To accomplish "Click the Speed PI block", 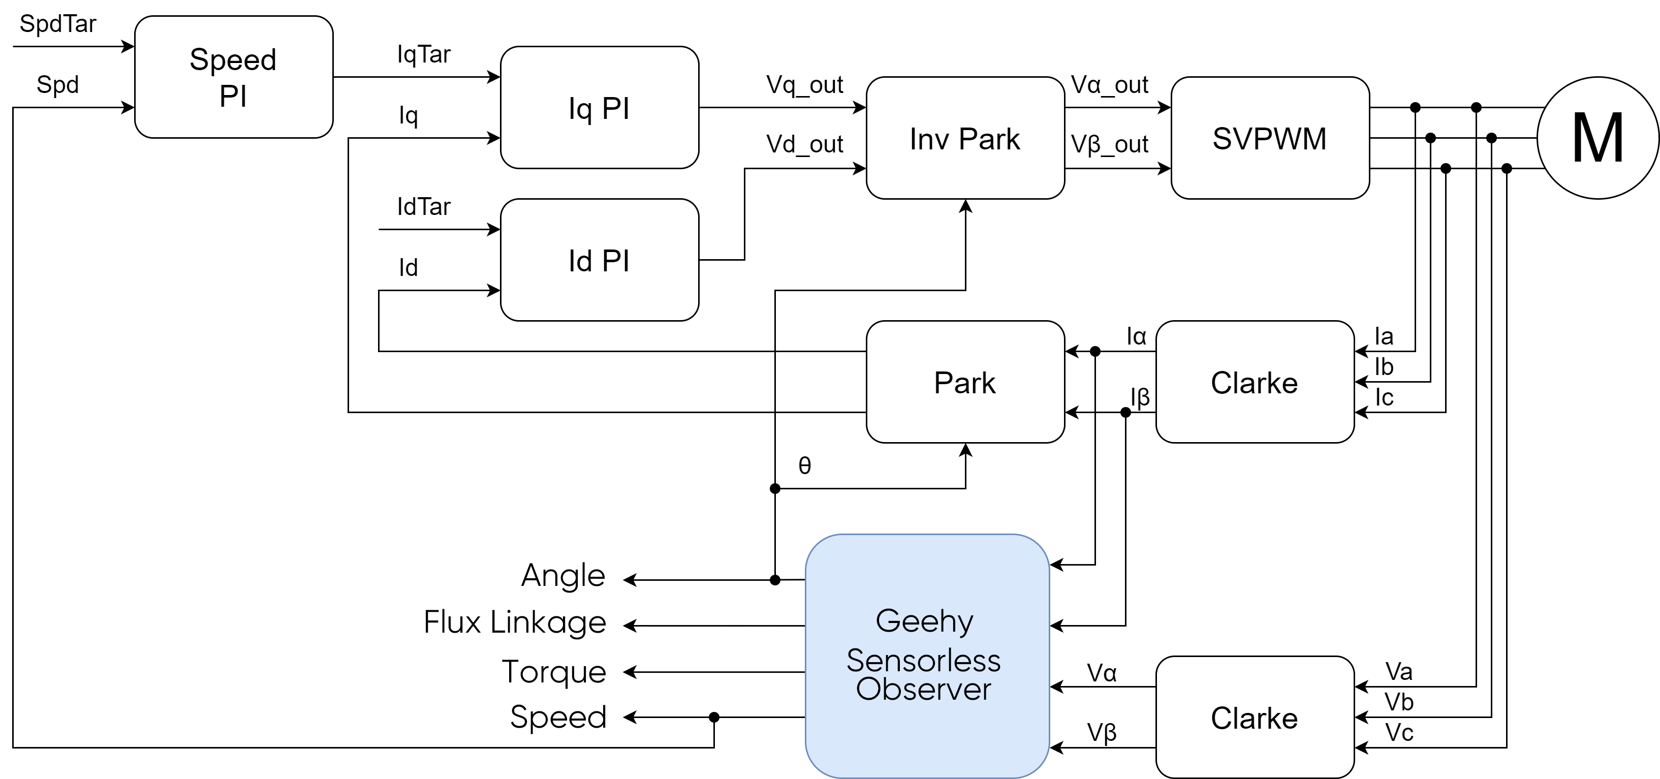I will pyautogui.click(x=233, y=77).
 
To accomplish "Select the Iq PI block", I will pyautogui.click(x=599, y=108).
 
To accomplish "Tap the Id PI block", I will pyautogui.click(x=599, y=260).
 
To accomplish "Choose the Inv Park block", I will pyautogui.click(x=965, y=138).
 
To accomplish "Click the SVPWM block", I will pyautogui.click(x=1269, y=138).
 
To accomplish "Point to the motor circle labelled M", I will pyautogui.click(x=1598, y=138).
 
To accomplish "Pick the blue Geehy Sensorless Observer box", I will pyautogui.click(x=927, y=656).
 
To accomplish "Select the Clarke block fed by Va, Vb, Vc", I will pyautogui.click(x=1254, y=717).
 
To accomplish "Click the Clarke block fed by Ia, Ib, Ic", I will pyautogui.click(x=1254, y=382).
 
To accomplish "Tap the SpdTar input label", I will pyautogui.click(x=57, y=24).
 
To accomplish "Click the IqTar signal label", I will pyautogui.click(x=423, y=54).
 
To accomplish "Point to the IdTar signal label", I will pyautogui.click(x=423, y=207).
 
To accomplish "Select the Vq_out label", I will pyautogui.click(x=804, y=84).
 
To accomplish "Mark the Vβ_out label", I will pyautogui.click(x=1109, y=144).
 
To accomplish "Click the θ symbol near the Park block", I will pyautogui.click(x=804, y=465).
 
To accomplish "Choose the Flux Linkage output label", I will pyautogui.click(x=515, y=622).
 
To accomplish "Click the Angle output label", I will pyautogui.click(x=562, y=575).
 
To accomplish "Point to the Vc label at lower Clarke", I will pyautogui.click(x=1399, y=733).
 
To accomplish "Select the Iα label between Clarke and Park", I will pyautogui.click(x=1136, y=336).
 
